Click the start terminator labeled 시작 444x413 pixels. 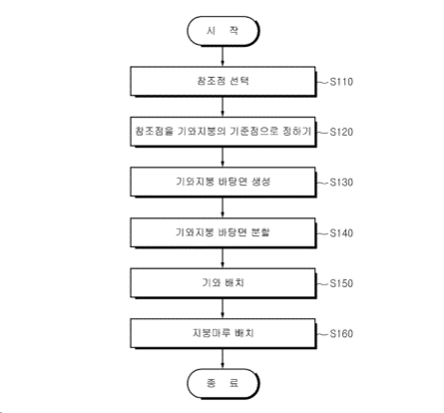(222, 31)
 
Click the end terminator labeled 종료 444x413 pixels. (222, 383)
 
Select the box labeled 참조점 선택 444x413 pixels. (222, 82)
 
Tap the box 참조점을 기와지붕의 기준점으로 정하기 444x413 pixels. (222, 132)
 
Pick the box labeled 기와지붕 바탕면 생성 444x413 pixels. (222, 183)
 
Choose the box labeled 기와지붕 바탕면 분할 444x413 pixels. (222, 232)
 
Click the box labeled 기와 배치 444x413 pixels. (222, 283)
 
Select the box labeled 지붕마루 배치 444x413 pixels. (222, 333)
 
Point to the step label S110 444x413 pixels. (341, 82)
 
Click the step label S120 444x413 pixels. (341, 132)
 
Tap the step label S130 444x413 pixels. (341, 183)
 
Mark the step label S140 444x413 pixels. (341, 233)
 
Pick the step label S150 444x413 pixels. (341, 283)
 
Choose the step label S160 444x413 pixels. (341, 334)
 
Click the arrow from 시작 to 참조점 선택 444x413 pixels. (222, 56)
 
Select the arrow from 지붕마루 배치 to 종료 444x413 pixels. (222, 359)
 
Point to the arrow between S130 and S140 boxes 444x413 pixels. (222, 207)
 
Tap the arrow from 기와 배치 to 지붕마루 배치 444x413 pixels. (222, 308)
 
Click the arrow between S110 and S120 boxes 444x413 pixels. (222, 107)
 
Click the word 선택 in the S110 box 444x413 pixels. (239, 81)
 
